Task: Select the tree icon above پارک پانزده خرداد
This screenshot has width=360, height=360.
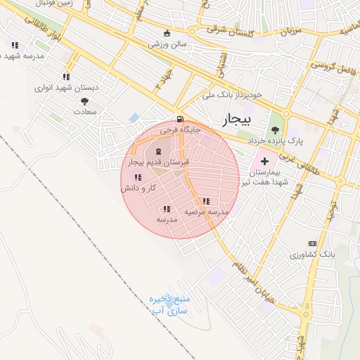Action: [x=275, y=129]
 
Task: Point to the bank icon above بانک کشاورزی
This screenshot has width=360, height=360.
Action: [x=313, y=243]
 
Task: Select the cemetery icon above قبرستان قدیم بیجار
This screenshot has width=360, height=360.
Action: [x=158, y=152]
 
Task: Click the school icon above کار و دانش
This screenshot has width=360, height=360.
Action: [x=136, y=177]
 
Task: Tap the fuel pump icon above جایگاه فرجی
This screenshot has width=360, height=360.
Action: [x=181, y=119]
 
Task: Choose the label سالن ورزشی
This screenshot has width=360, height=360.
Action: [x=167, y=44]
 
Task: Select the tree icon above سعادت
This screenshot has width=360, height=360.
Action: [x=84, y=101]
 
